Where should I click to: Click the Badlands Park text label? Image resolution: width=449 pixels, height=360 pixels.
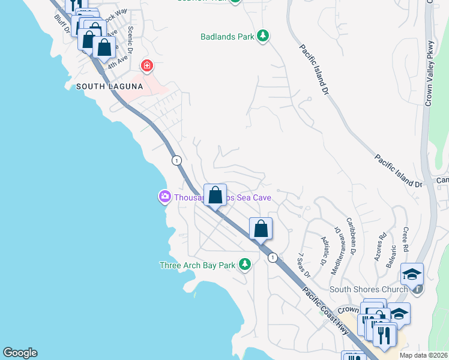[x=228, y=37]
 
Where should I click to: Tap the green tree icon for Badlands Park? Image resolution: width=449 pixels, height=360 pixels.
[x=262, y=37]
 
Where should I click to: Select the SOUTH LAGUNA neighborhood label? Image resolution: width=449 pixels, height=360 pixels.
[x=109, y=86]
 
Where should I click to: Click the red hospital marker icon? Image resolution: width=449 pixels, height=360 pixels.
[x=146, y=65]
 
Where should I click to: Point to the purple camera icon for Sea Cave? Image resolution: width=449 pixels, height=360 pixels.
[x=164, y=196]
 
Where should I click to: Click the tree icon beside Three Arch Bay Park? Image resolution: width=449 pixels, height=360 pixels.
[x=244, y=264]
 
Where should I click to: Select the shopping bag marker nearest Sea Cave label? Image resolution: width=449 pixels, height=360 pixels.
[x=215, y=195]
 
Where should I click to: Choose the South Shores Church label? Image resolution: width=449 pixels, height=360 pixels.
[x=369, y=290]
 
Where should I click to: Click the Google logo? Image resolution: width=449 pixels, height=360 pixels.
[x=20, y=353]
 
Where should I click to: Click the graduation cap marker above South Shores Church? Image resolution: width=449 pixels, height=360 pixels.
[x=412, y=274]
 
